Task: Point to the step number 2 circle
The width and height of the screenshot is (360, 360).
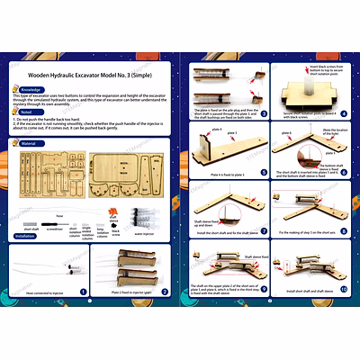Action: click(x=168, y=291)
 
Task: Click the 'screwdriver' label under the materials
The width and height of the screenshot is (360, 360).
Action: click(x=55, y=229)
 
